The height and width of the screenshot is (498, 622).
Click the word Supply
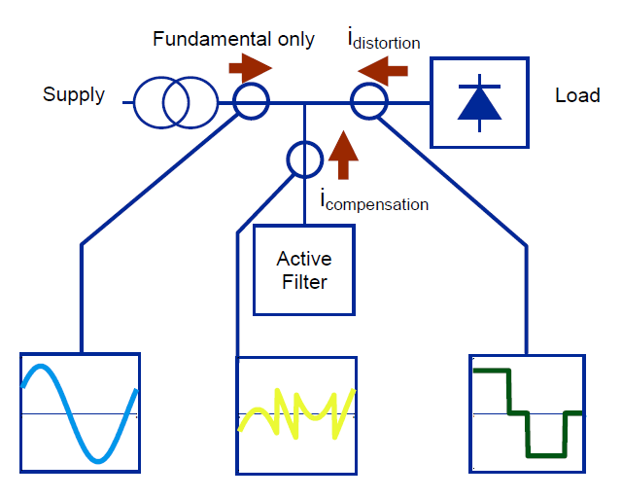pos(74,94)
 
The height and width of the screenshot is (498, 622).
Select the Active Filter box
pos(303,270)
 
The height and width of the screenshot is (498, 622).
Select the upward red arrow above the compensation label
pos(339,157)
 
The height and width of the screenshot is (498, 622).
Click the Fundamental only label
pos(233,40)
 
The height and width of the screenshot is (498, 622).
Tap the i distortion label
pos(384,41)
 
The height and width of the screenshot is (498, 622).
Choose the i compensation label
pos(374,202)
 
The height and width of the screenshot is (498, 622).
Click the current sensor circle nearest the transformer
pos(250,101)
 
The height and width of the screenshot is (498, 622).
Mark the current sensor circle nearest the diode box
pos(368,101)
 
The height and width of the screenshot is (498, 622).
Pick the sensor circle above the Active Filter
pos(304,157)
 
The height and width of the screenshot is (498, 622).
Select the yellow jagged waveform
pos(294,410)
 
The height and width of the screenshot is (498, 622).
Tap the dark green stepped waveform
pos(527,411)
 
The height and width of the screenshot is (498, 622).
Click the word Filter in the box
pos(303,283)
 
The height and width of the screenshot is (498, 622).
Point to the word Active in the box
pos(303,260)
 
